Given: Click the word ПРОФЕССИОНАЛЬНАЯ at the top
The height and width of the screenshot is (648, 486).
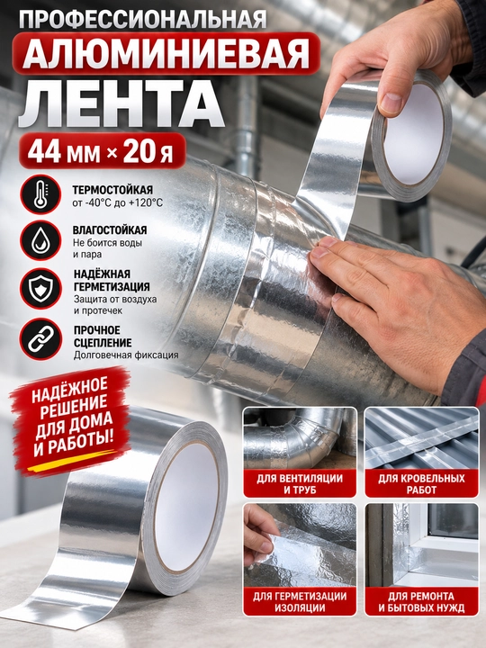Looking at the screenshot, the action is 142,19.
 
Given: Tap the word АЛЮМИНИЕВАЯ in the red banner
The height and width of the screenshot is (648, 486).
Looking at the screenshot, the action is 166,53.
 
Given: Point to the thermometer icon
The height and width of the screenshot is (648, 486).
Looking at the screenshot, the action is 40,194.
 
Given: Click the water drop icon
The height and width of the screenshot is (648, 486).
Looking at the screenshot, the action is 40,241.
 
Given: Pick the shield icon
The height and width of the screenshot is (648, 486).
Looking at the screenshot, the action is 40,289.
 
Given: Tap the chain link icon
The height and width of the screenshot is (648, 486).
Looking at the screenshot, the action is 40,339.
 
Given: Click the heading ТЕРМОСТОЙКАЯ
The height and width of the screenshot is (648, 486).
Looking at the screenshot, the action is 112,190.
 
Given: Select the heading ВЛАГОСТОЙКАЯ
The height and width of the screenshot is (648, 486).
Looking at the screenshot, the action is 110,230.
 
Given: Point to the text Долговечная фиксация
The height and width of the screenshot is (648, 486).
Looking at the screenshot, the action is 126,355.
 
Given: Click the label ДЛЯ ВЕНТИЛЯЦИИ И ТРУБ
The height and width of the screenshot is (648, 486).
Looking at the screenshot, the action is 300,484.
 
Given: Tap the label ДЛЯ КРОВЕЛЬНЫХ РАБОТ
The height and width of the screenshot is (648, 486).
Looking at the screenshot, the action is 421,484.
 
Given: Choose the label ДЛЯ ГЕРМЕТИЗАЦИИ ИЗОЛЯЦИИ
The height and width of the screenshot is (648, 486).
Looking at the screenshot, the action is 300,602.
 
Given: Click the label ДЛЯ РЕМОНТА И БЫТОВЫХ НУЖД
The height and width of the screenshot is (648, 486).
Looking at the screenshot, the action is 421,602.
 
